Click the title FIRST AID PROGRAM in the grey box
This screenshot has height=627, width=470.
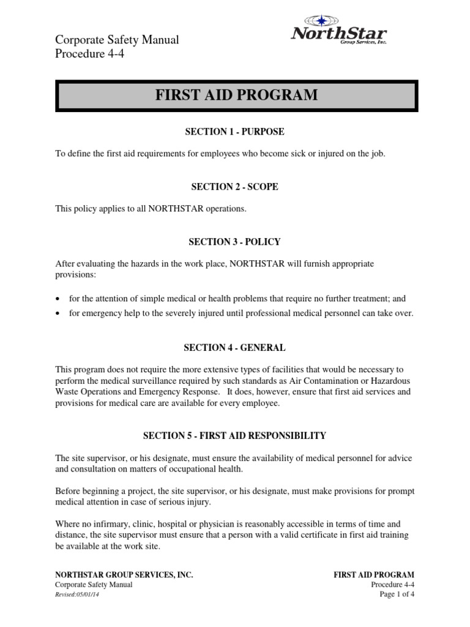click(x=236, y=95)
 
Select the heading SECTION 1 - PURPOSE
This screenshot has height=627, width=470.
click(x=235, y=132)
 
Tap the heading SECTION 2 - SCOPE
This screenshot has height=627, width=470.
click(x=235, y=187)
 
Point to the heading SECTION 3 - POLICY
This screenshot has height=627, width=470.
click(x=235, y=242)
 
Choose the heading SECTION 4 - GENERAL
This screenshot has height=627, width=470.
click(x=235, y=347)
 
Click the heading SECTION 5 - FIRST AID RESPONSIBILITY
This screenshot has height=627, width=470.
click(x=235, y=436)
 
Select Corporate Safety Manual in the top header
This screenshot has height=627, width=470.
click(x=117, y=40)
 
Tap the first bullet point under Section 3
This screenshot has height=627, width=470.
click(x=58, y=298)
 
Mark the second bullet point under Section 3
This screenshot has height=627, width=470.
click(x=58, y=313)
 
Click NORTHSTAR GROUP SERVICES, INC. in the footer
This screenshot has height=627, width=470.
click(x=124, y=575)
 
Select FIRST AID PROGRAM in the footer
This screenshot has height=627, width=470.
click(x=373, y=575)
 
